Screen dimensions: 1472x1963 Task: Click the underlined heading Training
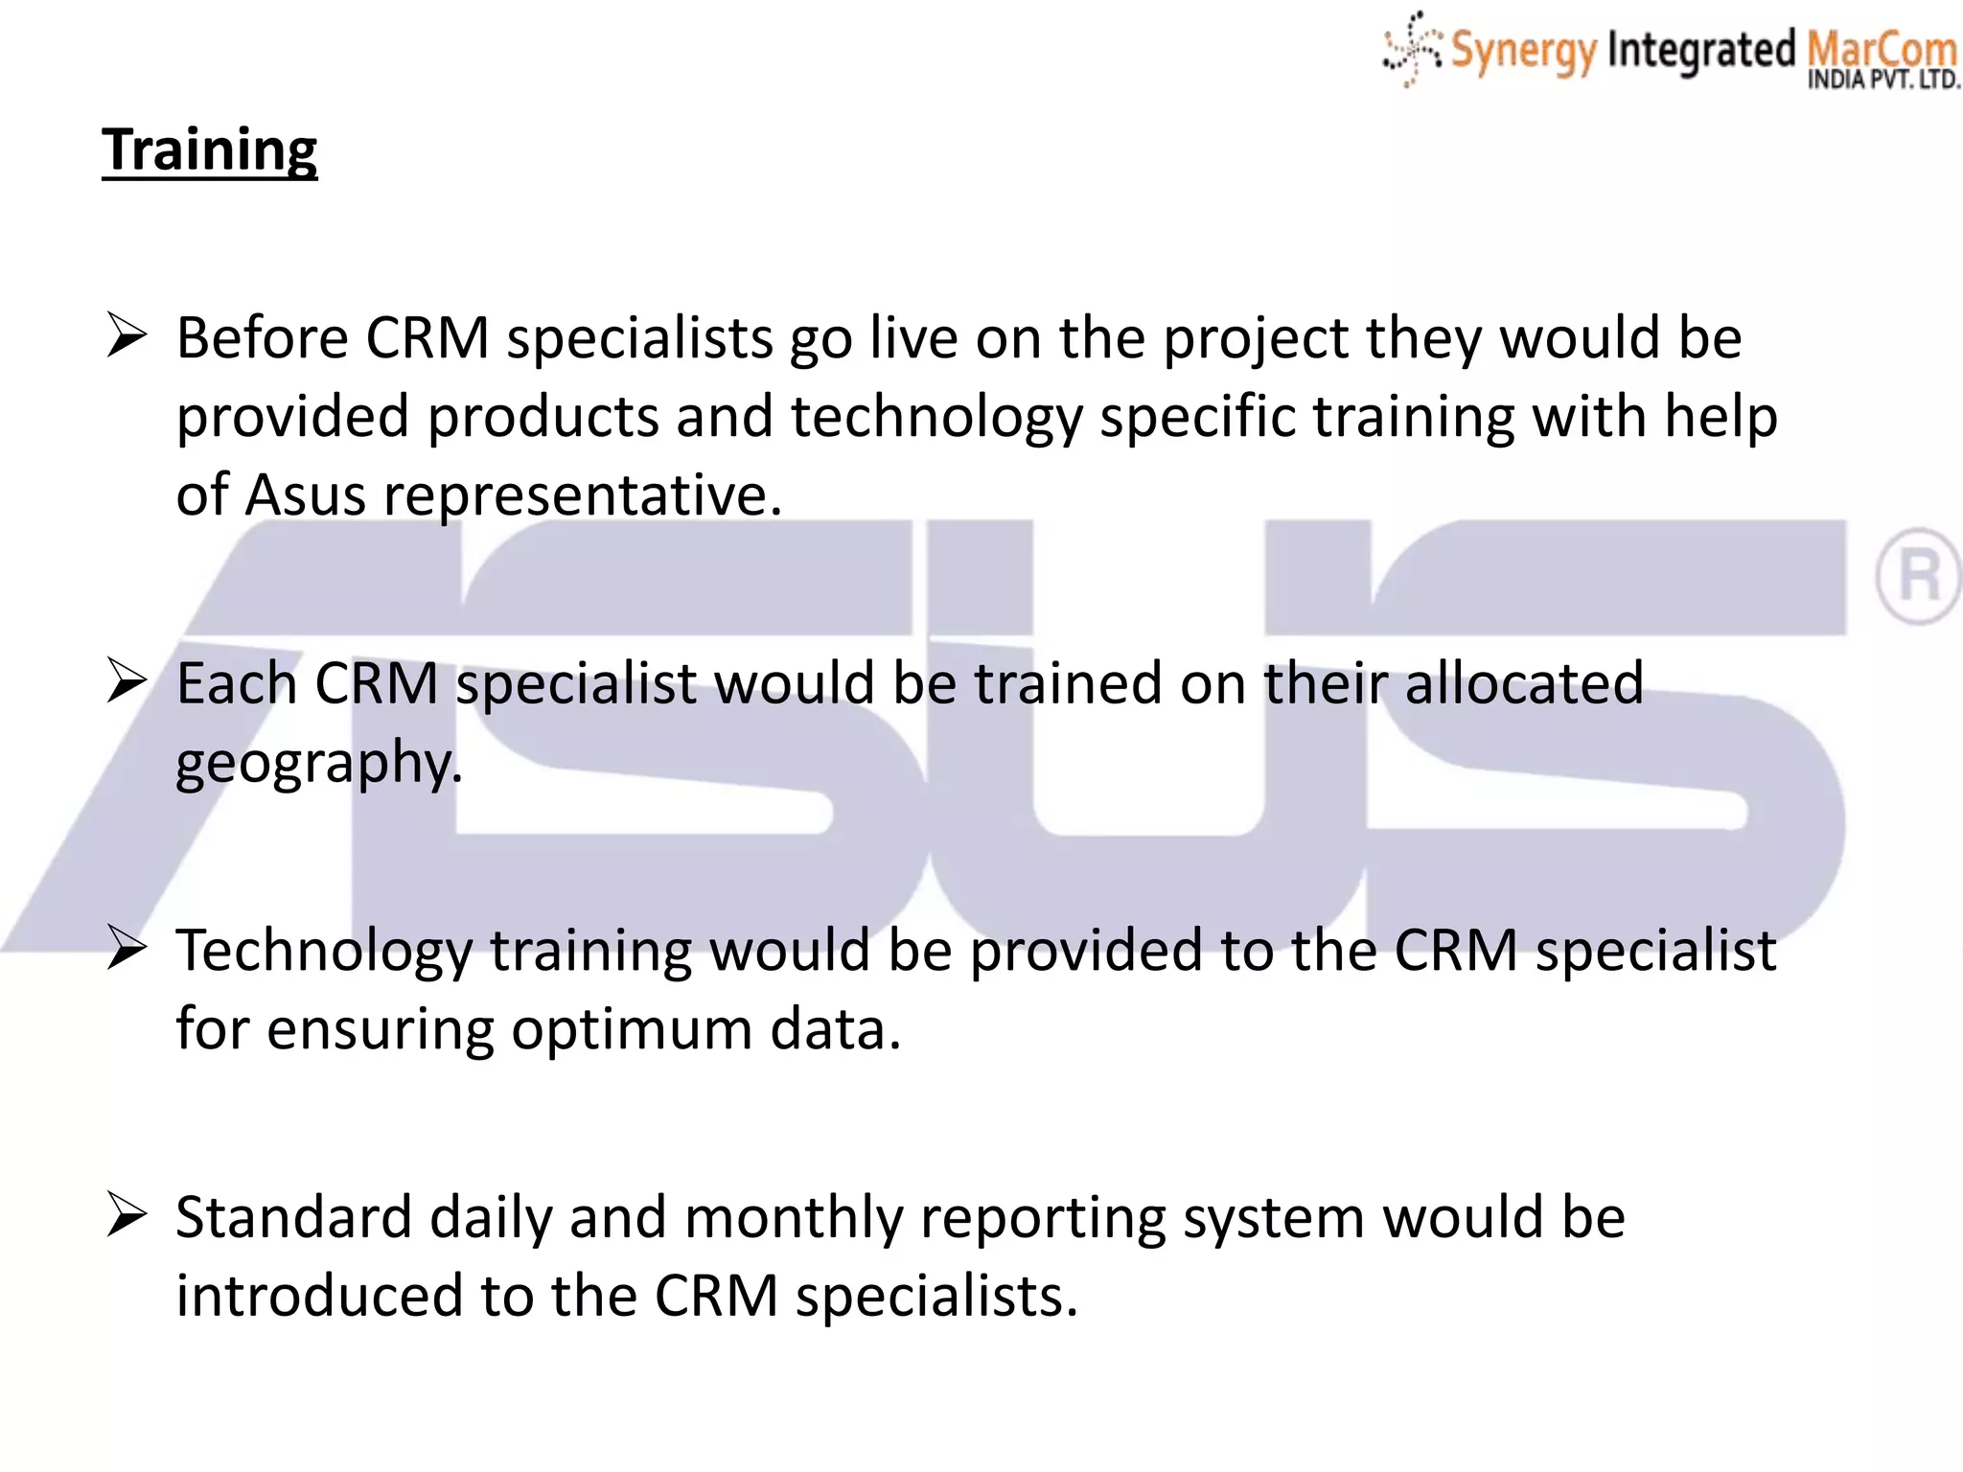click(x=209, y=149)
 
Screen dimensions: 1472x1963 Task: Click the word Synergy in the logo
click(x=1523, y=50)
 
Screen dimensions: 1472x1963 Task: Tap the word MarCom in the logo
click(x=1881, y=48)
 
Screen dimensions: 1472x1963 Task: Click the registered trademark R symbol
click(x=1918, y=576)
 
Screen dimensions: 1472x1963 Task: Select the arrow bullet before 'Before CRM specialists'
click(x=127, y=336)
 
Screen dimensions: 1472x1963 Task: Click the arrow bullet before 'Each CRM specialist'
click(x=127, y=681)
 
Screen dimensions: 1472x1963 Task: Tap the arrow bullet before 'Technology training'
click(x=127, y=949)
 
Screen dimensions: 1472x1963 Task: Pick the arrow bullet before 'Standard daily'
click(x=127, y=1215)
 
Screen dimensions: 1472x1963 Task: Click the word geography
click(x=318, y=764)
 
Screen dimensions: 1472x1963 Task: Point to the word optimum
click(x=632, y=1030)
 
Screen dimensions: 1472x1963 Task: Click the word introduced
click(x=319, y=1296)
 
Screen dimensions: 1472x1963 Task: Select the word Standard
click(x=294, y=1217)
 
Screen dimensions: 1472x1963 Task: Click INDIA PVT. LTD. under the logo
click(x=1883, y=80)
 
